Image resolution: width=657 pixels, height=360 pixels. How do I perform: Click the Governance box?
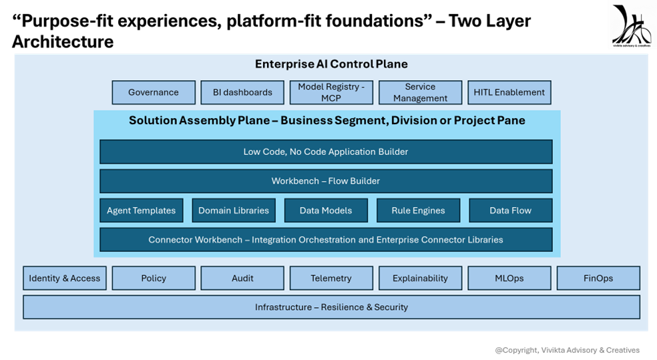coord(154,92)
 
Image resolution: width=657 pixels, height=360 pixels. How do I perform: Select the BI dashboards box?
coord(242,92)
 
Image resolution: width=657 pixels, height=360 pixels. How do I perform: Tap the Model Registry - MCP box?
coord(331,92)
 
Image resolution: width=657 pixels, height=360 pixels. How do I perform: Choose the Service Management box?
coord(420,92)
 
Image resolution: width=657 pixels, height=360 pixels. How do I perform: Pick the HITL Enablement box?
coord(509,92)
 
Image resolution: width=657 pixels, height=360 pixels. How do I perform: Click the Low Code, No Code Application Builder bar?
coord(326,152)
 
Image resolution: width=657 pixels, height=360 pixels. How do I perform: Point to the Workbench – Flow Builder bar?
coord(326,181)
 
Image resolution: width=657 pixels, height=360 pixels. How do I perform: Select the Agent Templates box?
coord(141,210)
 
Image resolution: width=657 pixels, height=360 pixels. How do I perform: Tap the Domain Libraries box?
coord(234,210)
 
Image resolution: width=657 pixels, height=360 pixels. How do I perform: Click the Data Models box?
coord(326,210)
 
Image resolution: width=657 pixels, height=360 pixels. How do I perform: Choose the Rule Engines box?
coord(418,210)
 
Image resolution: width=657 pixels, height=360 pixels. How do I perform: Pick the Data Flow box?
coord(511,210)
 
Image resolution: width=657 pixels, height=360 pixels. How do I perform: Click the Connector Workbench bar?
coord(326,240)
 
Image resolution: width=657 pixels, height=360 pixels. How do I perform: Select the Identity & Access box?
coord(65,278)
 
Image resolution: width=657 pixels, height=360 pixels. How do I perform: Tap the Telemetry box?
coord(331,278)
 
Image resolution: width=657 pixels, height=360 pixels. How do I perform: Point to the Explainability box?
coord(420,278)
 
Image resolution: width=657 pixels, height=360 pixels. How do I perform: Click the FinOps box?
coord(598,278)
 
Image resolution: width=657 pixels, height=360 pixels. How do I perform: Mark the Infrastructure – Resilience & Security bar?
coord(331,307)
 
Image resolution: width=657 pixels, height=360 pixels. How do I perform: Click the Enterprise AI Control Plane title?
coord(331,64)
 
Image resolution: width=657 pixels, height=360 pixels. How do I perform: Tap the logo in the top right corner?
coord(631,25)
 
